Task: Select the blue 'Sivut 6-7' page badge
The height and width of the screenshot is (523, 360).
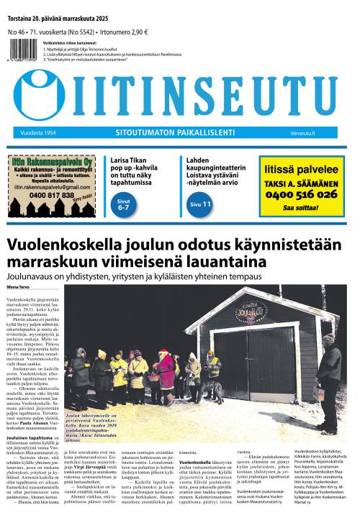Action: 123,206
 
